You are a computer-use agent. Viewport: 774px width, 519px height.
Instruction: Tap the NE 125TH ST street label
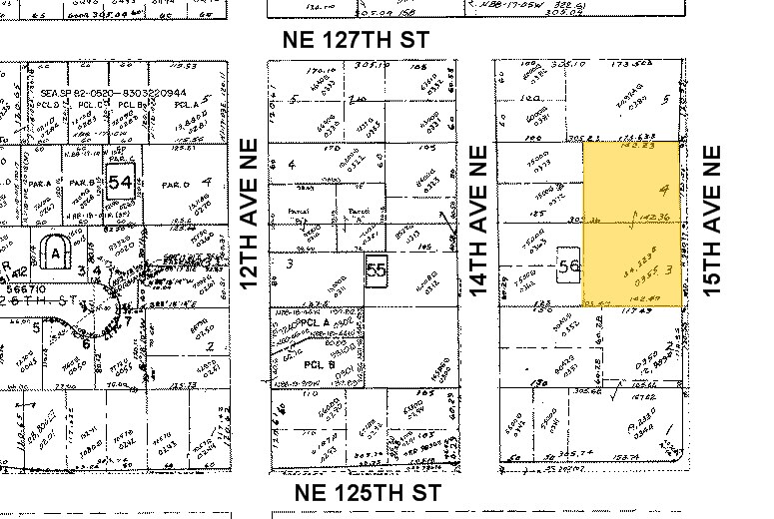coord(370,493)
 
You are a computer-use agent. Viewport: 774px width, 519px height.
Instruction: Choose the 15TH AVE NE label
coord(712,222)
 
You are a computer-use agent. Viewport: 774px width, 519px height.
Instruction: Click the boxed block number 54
coord(121,182)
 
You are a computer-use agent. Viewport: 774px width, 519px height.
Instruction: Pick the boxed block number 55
coord(377,269)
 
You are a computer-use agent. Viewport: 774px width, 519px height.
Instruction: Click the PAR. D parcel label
coord(176,184)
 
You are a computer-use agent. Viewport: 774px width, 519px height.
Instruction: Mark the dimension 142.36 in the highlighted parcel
coord(653,216)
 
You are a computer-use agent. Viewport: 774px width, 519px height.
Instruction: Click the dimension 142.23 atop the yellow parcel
coord(634,146)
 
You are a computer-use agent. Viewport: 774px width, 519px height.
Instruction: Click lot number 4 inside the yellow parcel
coord(662,189)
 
